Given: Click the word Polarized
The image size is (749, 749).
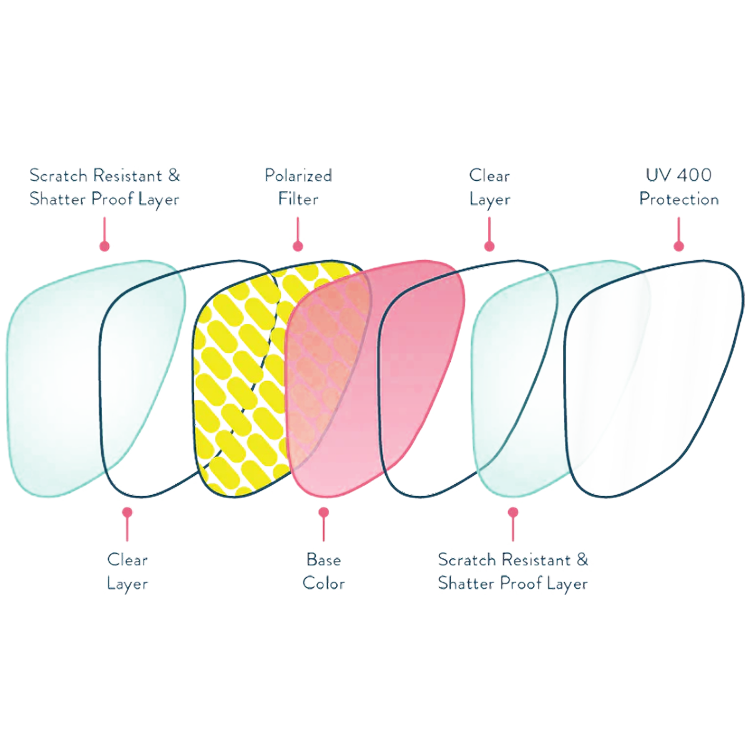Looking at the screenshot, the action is (x=298, y=175).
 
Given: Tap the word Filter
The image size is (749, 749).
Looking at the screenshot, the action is (x=298, y=199).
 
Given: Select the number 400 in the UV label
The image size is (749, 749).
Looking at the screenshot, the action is (x=693, y=175).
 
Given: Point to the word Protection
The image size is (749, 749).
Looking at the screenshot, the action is (x=678, y=199).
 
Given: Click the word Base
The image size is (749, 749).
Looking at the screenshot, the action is (x=323, y=559).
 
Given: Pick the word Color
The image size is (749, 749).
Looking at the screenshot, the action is (x=323, y=583).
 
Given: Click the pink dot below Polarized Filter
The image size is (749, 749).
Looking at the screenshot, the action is (x=298, y=246).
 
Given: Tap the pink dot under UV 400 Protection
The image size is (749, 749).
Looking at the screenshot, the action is (x=678, y=246).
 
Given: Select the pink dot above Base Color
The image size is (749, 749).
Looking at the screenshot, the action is (x=323, y=512).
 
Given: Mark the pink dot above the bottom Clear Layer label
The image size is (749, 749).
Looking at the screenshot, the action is (x=127, y=512).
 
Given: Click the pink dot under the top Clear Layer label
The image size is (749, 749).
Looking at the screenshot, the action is (x=489, y=246).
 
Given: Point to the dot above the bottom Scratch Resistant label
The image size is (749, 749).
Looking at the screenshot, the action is (x=513, y=512).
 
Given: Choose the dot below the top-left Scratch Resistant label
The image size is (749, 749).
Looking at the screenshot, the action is (x=105, y=246).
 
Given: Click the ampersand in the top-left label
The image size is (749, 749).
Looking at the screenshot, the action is (x=174, y=175).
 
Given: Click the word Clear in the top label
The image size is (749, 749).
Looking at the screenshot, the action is (x=489, y=175).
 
